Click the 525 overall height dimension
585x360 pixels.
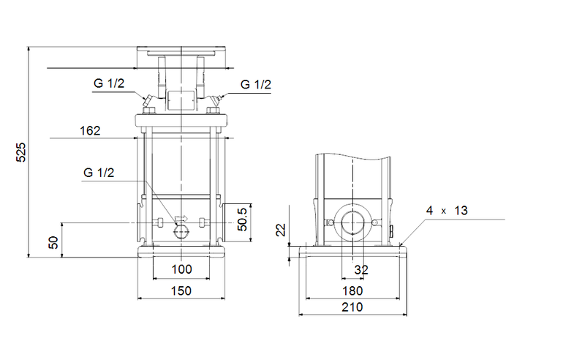[x=21, y=151]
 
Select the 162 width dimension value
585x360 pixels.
[x=90, y=131]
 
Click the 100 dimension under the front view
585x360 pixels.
[x=181, y=269]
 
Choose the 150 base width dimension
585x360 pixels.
[x=181, y=290]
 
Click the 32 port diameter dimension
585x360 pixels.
[x=361, y=269]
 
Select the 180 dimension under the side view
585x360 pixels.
[x=352, y=290]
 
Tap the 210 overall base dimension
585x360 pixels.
[x=352, y=308]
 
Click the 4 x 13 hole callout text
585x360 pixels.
[x=448, y=211]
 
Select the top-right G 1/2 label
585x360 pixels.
[x=256, y=84]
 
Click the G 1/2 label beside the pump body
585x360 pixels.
[x=99, y=173]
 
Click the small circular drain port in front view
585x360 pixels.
[x=181, y=232]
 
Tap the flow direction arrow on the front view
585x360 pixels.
[x=181, y=218]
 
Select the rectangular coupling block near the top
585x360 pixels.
[x=181, y=100]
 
